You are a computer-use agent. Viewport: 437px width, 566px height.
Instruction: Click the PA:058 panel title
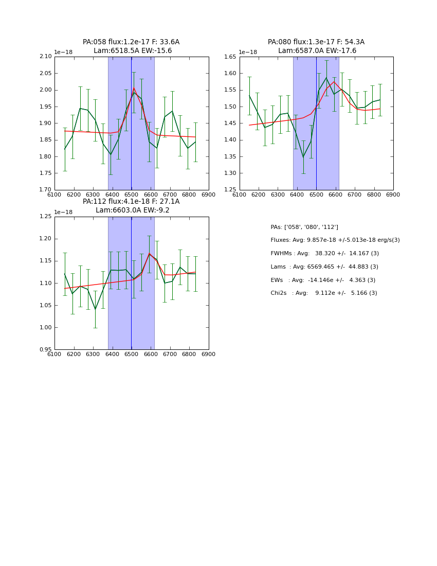131,42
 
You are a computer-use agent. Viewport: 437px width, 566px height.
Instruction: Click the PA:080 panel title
316,42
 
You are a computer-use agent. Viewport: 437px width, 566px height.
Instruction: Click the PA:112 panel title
131,202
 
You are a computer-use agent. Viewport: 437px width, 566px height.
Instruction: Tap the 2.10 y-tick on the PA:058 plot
46,57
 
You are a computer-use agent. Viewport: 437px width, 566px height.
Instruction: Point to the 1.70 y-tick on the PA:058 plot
46,190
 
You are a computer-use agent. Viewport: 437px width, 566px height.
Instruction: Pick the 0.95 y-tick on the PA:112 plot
46,349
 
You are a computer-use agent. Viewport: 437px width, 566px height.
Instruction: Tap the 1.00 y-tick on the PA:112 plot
46,327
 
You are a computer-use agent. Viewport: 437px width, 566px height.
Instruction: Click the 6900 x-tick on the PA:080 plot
393,195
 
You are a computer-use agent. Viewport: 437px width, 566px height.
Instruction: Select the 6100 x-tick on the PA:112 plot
54,355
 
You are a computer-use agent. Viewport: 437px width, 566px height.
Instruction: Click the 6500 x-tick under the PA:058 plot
131,195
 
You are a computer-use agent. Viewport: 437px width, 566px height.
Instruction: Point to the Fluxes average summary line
335,240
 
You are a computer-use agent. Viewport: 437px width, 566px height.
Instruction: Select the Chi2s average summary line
323,293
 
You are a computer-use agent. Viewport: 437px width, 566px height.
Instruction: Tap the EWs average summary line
323,280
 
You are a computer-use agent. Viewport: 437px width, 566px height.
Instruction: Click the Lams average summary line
324,267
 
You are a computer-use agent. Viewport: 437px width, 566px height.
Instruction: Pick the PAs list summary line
304,227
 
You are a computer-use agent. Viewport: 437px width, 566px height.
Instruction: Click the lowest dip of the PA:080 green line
303,156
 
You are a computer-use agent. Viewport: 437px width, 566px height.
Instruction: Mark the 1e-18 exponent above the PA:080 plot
247,52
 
